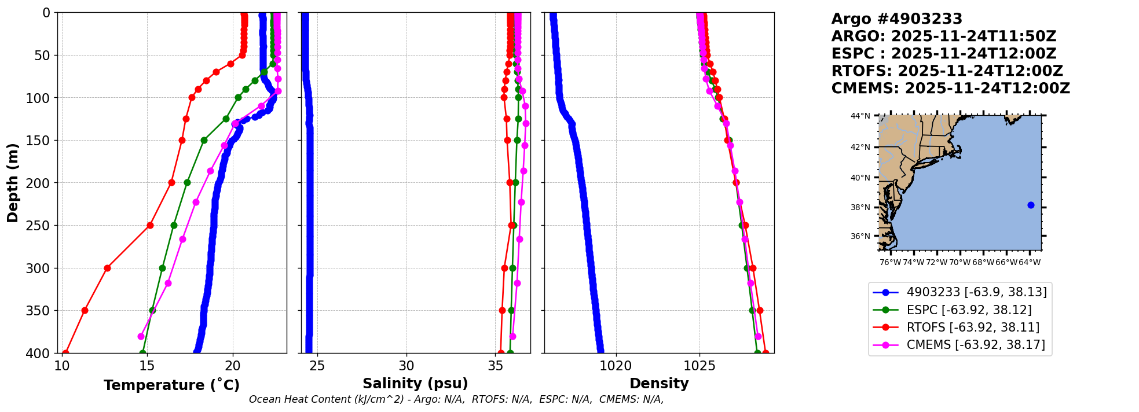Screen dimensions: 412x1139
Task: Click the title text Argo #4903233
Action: point(896,19)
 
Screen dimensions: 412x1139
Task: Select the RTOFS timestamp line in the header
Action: point(947,71)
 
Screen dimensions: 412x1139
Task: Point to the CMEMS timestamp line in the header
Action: point(950,89)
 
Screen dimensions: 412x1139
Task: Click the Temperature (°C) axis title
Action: point(171,385)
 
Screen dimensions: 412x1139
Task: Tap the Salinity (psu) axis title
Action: point(415,384)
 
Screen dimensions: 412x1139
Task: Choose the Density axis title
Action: point(658,384)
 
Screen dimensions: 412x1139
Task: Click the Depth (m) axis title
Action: point(12,183)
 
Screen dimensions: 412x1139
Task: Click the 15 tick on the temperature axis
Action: point(147,366)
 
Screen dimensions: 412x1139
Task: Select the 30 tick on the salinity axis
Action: point(406,366)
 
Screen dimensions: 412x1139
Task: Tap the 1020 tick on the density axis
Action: point(616,366)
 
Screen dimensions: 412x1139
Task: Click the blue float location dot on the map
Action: point(1031,205)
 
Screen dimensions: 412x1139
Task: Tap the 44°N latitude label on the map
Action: point(860,116)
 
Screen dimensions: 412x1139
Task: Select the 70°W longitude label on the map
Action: point(959,262)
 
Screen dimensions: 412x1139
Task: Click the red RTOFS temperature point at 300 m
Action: point(107,268)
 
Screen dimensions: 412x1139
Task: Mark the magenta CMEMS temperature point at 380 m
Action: point(141,336)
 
